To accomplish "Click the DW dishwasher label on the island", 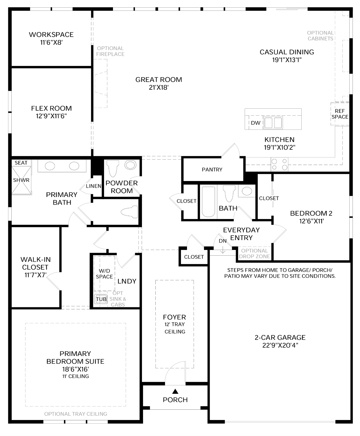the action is (x=256, y=123).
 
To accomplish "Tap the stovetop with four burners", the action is (x=279, y=164).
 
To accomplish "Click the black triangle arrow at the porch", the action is (x=175, y=391).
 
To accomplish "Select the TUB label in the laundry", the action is (x=101, y=299).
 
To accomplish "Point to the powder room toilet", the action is (x=113, y=168).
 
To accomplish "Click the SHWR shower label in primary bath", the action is (x=21, y=180).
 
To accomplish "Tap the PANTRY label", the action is (x=212, y=170).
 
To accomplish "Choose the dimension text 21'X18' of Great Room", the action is (x=159, y=87).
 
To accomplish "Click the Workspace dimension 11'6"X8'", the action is (x=51, y=43).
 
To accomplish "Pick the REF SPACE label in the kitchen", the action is (x=340, y=114).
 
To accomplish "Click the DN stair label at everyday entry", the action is (x=223, y=241).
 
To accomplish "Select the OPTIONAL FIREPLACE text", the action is (x=110, y=51).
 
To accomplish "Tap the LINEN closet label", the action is (x=94, y=186).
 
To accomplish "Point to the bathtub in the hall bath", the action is (x=208, y=202).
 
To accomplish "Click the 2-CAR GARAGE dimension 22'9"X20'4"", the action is (x=280, y=345).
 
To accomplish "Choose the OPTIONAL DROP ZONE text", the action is (x=254, y=253).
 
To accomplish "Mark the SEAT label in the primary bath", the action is (x=21, y=163).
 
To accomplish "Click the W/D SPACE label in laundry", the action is (x=104, y=274).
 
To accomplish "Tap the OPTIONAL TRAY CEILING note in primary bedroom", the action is (x=76, y=414).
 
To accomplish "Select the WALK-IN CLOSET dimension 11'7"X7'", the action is (x=35, y=275).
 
